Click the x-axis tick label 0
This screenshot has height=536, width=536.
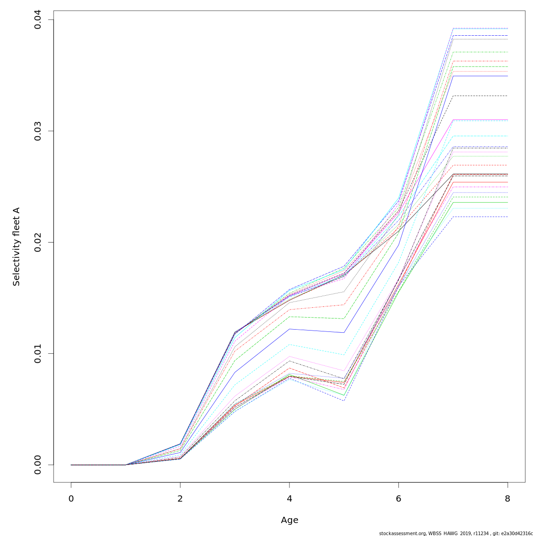click(71, 498)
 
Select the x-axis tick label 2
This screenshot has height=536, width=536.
click(180, 498)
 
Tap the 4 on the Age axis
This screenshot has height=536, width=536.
click(289, 498)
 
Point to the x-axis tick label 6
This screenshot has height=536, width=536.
click(398, 498)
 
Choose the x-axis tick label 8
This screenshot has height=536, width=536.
click(507, 498)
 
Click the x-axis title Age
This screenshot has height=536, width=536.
click(289, 520)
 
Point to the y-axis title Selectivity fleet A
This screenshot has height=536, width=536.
click(17, 246)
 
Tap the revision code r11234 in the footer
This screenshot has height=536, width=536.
click(478, 533)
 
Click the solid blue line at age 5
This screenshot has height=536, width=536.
click(344, 332)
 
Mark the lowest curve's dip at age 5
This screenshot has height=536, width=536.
click(344, 400)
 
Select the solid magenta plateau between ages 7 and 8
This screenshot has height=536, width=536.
click(480, 120)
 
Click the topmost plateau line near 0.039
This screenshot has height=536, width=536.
click(480, 28)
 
